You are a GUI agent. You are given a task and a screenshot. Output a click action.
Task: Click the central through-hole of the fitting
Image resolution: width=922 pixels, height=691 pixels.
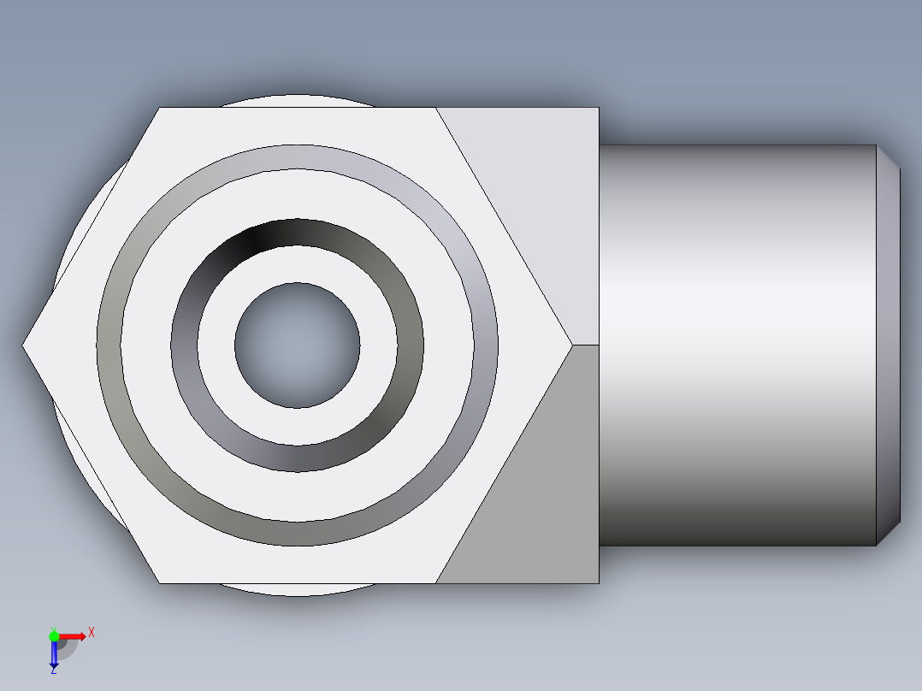(x=297, y=345)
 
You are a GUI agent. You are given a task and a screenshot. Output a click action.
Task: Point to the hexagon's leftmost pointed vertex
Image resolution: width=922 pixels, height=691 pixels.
(x=24, y=345)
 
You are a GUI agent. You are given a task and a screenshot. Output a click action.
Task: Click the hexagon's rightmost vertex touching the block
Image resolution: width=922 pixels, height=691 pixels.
(x=571, y=345)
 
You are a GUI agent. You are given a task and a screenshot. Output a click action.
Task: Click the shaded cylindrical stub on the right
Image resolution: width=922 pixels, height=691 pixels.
(x=736, y=345)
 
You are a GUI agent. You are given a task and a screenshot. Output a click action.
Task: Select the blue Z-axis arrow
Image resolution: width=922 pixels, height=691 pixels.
(x=54, y=655)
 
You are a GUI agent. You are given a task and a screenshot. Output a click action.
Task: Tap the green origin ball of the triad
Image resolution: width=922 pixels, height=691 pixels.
(x=54, y=635)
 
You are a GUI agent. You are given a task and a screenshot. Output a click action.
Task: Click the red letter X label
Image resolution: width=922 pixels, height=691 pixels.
(x=92, y=633)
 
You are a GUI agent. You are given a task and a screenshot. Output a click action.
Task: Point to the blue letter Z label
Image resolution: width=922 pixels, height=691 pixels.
(x=53, y=671)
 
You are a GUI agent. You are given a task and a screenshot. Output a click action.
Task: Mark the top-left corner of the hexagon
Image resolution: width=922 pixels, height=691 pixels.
(x=160, y=108)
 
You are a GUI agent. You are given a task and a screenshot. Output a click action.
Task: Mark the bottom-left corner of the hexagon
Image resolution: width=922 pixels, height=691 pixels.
(x=160, y=583)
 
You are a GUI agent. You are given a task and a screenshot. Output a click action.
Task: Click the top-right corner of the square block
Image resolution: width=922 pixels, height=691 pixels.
(x=598, y=108)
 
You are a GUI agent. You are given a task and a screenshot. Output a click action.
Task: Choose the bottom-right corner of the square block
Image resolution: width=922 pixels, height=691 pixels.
(x=598, y=583)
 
